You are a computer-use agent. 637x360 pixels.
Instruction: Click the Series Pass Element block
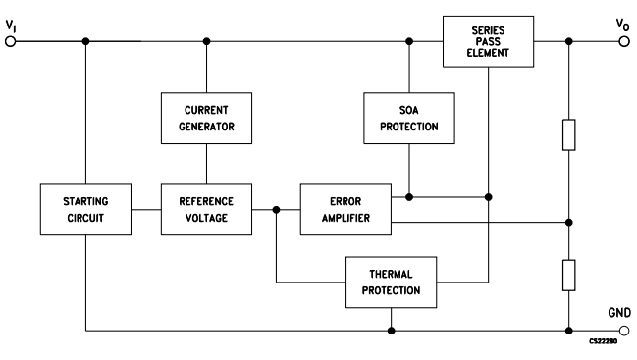(487, 41)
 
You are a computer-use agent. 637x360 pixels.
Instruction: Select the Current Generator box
(206, 117)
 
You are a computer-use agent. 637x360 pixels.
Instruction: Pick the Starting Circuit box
(85, 208)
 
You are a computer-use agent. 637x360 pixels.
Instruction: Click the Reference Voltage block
(206, 208)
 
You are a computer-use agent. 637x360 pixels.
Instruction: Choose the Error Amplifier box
(345, 208)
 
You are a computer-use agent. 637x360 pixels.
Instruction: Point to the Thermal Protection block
(393, 283)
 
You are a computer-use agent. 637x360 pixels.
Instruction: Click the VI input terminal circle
(11, 41)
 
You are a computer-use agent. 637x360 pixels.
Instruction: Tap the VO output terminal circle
(624, 41)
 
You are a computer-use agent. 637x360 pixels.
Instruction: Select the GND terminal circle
(624, 330)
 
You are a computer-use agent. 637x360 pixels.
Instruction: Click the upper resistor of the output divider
(568, 134)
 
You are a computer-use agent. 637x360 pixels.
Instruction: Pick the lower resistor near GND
(568, 275)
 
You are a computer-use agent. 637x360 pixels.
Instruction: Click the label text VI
(11, 23)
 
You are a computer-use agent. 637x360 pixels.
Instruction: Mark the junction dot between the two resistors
(568, 219)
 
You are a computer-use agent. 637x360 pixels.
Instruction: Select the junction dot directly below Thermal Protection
(393, 330)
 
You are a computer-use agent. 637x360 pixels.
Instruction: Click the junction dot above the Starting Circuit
(85, 41)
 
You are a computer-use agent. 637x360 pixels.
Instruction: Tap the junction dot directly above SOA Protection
(409, 41)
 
